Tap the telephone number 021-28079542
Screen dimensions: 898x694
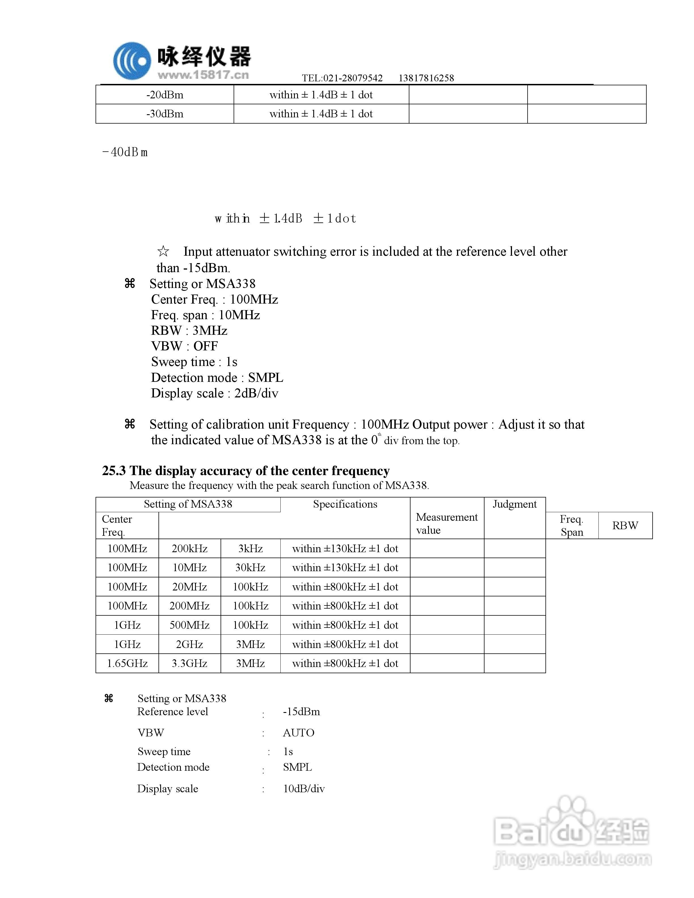(353, 78)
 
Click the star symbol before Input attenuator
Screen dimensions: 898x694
(163, 251)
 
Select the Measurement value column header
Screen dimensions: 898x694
(447, 524)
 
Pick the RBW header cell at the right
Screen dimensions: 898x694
(625, 526)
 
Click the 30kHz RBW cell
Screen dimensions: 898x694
(250, 567)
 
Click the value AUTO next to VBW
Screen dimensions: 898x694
(299, 733)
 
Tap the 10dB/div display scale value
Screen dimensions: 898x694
(304, 789)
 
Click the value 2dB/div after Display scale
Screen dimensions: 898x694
(256, 393)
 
